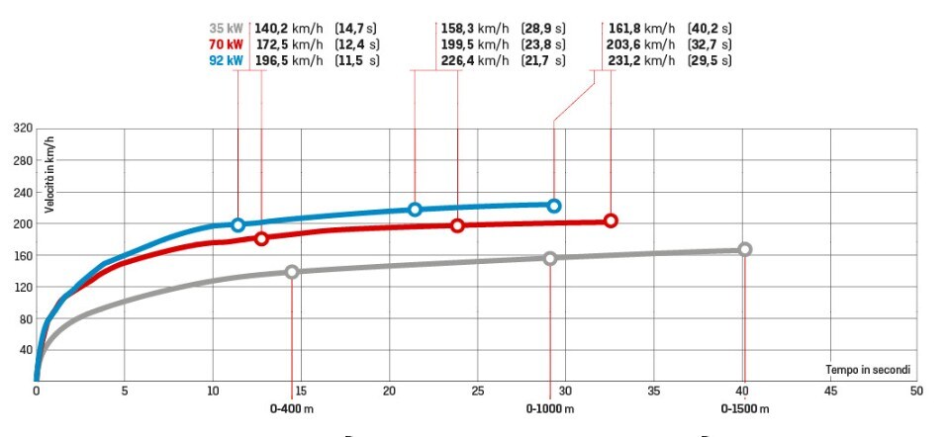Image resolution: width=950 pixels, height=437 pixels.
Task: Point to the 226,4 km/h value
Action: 474,60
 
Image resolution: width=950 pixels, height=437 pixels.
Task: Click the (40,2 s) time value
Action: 709,30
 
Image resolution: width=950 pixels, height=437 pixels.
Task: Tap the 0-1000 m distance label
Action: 550,407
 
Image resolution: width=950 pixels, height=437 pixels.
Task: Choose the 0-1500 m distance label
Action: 745,407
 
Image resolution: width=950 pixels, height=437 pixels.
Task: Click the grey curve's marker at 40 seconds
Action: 744,250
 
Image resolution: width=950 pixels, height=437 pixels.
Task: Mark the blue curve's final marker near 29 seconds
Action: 554,206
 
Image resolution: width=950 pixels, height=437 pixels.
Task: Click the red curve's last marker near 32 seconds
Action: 611,220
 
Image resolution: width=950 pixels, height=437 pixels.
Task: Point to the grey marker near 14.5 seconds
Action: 292,271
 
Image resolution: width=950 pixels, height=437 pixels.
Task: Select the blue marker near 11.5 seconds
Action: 237,224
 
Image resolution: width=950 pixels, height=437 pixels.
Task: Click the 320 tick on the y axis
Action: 24,128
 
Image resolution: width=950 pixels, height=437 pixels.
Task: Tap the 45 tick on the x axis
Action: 830,391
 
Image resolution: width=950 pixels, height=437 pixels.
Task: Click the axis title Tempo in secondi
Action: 867,370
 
